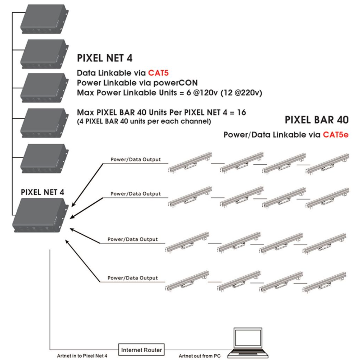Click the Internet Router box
(x=142, y=350)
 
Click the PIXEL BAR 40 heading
(x=317, y=119)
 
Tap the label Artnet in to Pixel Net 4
(x=82, y=356)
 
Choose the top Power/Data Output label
(x=136, y=159)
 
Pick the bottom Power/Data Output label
(x=133, y=277)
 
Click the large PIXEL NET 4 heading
(x=105, y=58)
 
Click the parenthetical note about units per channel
(x=144, y=122)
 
